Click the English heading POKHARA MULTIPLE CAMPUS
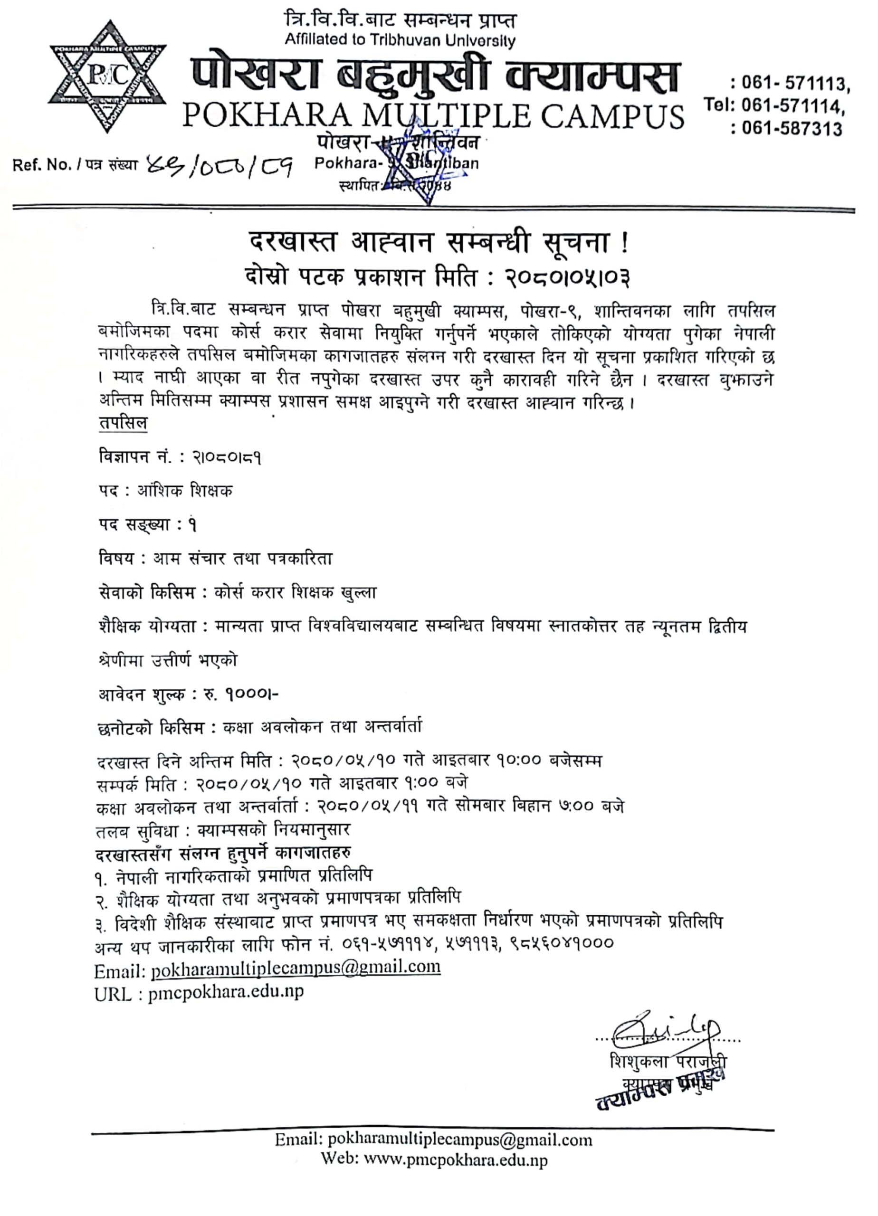coord(433,115)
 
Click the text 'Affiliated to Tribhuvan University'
coord(400,40)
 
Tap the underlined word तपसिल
coord(123,423)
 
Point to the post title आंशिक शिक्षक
coord(185,491)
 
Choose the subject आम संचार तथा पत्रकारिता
coord(243,559)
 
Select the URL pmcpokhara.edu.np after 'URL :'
coord(226,991)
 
